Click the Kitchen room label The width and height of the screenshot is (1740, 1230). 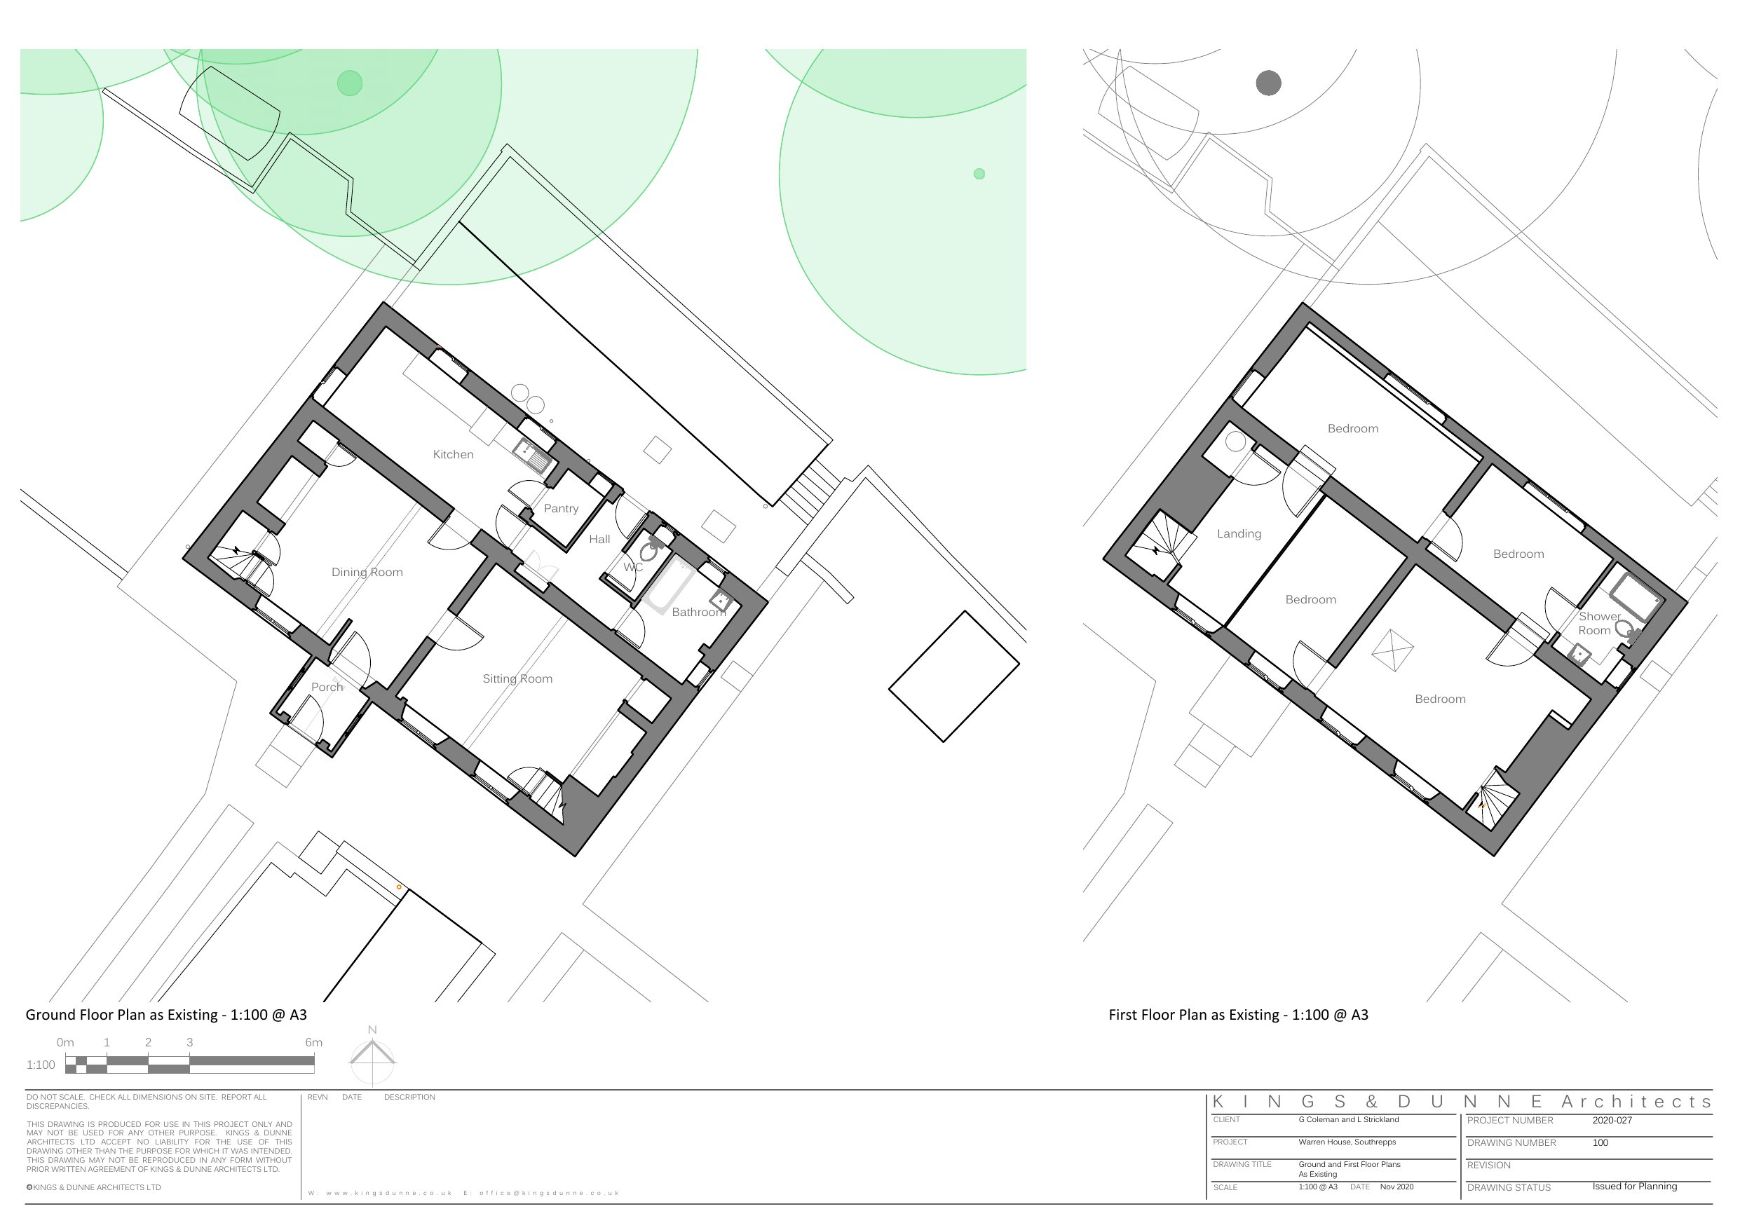453,455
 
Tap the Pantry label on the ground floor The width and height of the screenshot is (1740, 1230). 561,509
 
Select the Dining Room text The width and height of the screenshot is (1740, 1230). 367,572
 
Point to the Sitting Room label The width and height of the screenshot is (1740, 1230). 517,679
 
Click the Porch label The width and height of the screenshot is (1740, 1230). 327,688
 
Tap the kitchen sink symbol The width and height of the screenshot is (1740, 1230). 533,455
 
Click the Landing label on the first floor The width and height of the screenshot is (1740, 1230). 1239,534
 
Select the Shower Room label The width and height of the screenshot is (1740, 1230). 1598,624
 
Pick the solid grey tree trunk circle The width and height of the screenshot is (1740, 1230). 1269,83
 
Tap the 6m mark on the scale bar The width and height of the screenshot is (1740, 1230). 314,1043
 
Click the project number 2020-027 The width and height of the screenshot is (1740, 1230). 1612,1120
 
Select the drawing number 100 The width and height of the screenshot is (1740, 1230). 1600,1143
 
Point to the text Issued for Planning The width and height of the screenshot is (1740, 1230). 1635,1186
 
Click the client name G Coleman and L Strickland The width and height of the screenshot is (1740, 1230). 1349,1119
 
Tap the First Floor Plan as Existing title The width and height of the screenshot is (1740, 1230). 1238,1015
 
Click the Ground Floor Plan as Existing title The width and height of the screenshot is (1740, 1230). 166,1015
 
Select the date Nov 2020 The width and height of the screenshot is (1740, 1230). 1396,1187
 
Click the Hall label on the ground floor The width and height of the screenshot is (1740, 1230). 599,540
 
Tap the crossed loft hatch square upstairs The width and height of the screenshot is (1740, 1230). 1393,650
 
